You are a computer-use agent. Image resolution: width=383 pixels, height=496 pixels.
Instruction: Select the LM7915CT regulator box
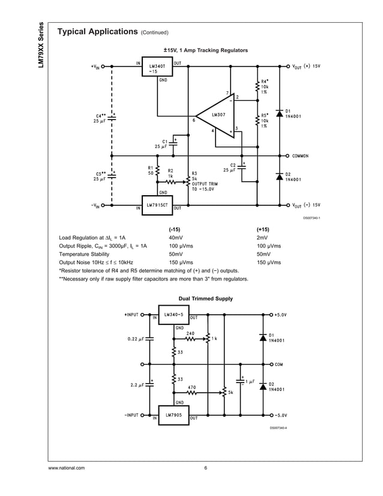click(157, 204)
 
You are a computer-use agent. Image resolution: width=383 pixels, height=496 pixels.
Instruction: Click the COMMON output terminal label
click(301, 156)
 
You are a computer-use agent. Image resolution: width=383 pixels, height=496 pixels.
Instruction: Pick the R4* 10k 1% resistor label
click(264, 86)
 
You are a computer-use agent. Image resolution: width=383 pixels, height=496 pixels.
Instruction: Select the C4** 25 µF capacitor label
click(100, 118)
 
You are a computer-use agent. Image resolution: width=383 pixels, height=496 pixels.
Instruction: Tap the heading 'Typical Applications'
click(97, 32)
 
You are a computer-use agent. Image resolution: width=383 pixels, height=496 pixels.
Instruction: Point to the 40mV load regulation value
click(176, 237)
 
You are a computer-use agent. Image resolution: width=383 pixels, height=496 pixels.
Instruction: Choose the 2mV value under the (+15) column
click(262, 237)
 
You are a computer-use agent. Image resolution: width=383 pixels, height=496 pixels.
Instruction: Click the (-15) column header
click(174, 229)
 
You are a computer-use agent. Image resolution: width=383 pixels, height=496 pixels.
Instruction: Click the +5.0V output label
click(280, 314)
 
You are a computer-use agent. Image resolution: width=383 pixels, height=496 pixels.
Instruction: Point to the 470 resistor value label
click(191, 387)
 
